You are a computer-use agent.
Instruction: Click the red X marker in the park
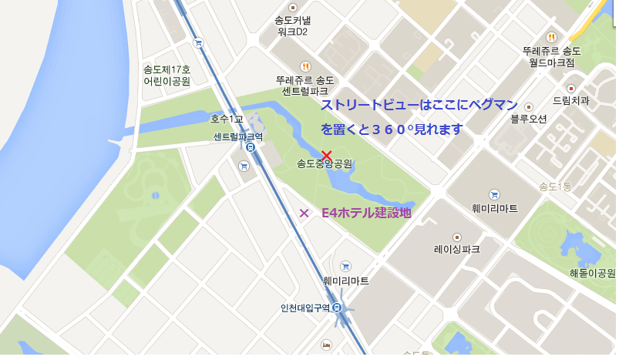click(326, 155)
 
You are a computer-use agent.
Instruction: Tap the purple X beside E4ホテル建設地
click(304, 213)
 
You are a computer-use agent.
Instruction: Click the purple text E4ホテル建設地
click(366, 213)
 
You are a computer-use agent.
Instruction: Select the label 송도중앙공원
click(325, 164)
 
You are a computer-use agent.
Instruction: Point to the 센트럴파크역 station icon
click(251, 147)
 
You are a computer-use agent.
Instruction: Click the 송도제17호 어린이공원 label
click(167, 75)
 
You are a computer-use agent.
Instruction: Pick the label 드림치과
click(570, 100)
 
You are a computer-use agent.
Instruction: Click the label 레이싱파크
click(456, 249)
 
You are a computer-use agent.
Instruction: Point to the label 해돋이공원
click(592, 273)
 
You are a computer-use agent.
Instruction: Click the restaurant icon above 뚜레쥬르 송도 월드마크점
click(551, 37)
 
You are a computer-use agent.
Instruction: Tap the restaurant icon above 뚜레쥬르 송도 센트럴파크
click(306, 66)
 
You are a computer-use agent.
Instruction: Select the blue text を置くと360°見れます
click(392, 130)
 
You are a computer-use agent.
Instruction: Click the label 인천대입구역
click(304, 308)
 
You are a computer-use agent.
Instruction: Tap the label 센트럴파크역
click(238, 136)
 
